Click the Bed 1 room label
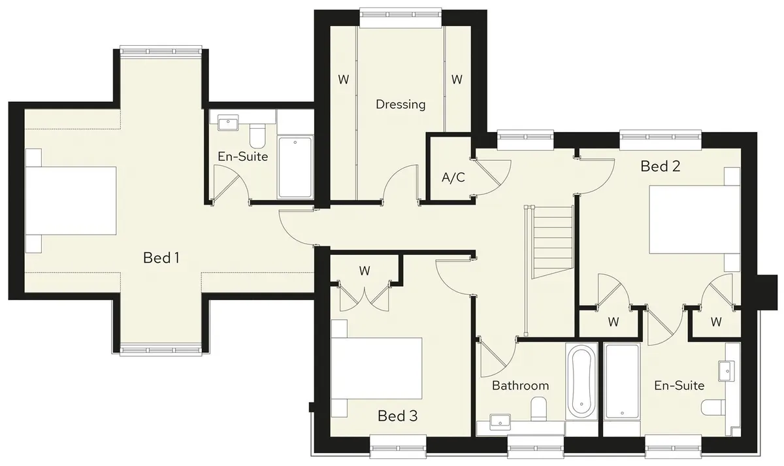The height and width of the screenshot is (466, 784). (161, 258)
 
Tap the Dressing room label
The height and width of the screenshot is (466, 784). (400, 105)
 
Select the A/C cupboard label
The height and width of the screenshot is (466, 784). (453, 178)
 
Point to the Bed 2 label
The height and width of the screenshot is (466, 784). (660, 166)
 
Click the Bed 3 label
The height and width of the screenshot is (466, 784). (398, 416)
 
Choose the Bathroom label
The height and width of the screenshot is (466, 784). (520, 386)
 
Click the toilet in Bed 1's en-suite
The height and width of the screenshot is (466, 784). (257, 136)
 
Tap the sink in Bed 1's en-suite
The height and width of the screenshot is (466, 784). (227, 122)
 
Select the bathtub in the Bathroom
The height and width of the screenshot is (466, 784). (581, 381)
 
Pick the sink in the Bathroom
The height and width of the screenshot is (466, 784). (500, 422)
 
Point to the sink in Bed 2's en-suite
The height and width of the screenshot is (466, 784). (727, 371)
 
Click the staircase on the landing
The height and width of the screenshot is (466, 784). (552, 242)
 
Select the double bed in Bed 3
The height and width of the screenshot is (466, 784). (376, 369)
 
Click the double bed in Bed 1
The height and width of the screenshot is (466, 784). (71, 201)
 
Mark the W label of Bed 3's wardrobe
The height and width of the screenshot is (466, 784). (365, 271)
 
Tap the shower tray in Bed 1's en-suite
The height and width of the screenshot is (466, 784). (295, 168)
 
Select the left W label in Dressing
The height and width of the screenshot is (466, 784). (344, 80)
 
